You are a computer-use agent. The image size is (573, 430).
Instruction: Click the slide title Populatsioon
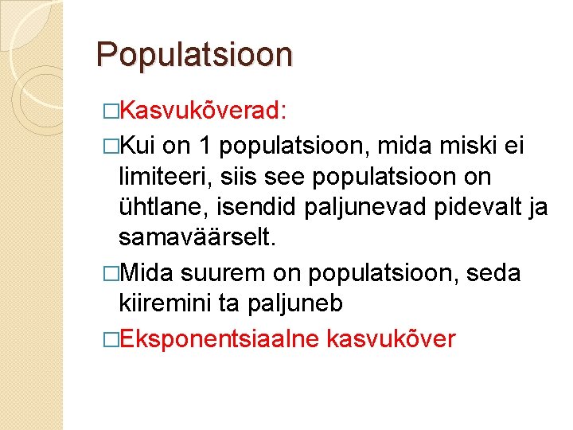pos(194,54)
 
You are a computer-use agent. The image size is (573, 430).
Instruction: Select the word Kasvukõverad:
pos(207,110)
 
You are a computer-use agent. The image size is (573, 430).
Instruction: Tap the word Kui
pos(140,146)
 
